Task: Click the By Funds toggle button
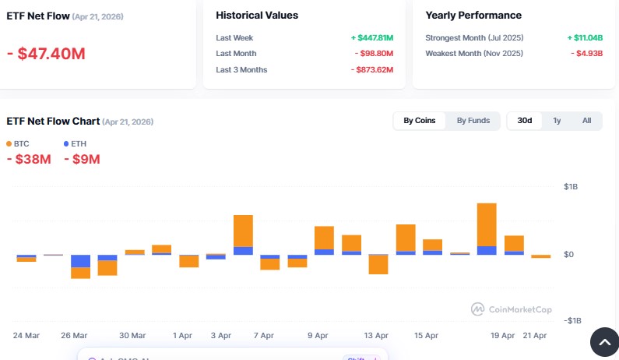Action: click(x=473, y=121)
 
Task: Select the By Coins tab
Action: click(x=419, y=121)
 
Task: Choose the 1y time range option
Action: click(x=557, y=121)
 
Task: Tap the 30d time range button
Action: click(x=525, y=121)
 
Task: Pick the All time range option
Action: click(x=586, y=121)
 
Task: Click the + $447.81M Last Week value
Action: click(x=371, y=37)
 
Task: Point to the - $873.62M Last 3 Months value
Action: click(x=371, y=70)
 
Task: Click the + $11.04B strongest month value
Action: click(x=585, y=37)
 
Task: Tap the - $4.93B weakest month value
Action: click(x=586, y=54)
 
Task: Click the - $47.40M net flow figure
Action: click(x=46, y=54)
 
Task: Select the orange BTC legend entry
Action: click(x=18, y=144)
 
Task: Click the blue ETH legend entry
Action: click(x=75, y=144)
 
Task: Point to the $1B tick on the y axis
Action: click(x=570, y=187)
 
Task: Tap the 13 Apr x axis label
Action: click(x=376, y=335)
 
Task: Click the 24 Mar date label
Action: click(x=26, y=335)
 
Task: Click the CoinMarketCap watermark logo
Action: click(x=512, y=309)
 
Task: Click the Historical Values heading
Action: click(x=257, y=16)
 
